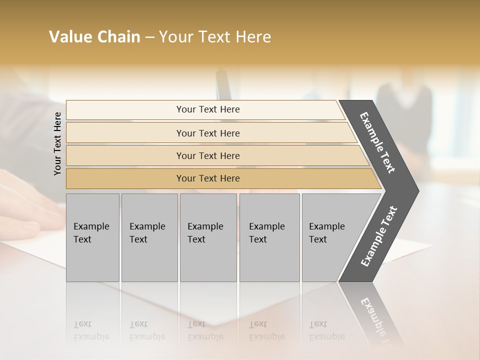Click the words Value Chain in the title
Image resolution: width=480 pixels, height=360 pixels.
coord(94,37)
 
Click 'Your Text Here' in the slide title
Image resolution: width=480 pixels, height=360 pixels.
coord(215,37)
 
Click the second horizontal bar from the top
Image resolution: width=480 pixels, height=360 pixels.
coord(208,133)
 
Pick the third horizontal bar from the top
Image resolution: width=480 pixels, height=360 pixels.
coord(208,155)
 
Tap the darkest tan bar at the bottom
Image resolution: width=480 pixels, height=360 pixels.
coord(208,178)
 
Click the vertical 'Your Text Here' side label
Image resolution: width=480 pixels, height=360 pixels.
coord(57,144)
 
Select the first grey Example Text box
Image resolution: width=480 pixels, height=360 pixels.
coord(92,237)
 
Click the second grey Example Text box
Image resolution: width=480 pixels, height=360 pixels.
coord(149,237)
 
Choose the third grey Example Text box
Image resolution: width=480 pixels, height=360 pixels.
coord(208,237)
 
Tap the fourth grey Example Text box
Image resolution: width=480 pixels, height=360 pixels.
coord(269,237)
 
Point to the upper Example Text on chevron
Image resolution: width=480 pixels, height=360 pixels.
coord(378,142)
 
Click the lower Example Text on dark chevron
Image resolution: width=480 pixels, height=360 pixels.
coord(379,236)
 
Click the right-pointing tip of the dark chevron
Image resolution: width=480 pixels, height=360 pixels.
coord(416,191)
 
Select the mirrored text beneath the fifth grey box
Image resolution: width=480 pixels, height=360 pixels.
coord(326,330)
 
